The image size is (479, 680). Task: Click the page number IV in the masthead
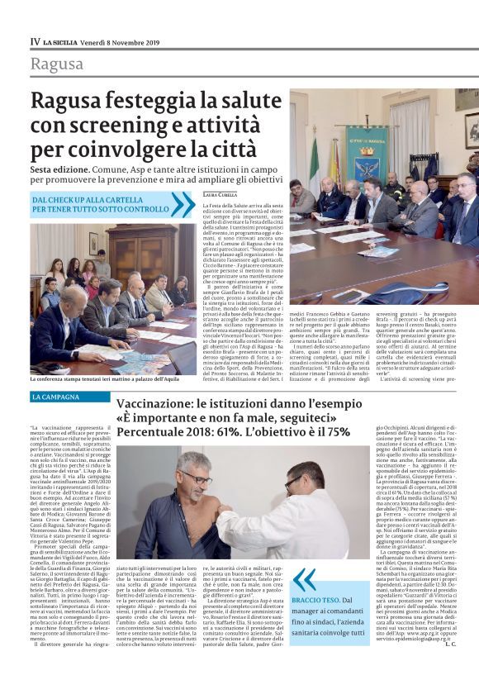[35, 40]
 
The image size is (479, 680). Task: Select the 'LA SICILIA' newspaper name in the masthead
[62, 40]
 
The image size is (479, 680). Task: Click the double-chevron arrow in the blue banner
[183, 204]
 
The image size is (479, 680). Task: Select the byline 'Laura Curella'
[219, 194]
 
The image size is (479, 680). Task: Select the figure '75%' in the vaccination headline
[339, 431]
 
